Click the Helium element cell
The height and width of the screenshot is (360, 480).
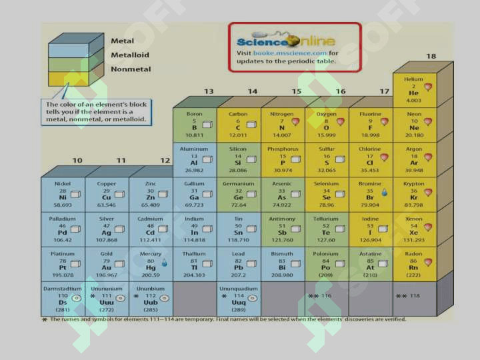(414, 89)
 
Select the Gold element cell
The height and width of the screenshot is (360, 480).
(107, 263)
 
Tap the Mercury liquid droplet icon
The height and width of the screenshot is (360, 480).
(164, 263)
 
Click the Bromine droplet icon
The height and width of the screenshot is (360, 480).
(384, 193)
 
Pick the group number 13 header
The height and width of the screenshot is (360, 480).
(209, 91)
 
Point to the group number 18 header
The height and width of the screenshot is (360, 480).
(431, 57)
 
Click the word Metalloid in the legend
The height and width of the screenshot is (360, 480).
(130, 55)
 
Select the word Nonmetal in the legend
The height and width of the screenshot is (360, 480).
(131, 69)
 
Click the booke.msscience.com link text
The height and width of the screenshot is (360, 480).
(290, 53)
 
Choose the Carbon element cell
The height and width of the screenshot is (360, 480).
(238, 124)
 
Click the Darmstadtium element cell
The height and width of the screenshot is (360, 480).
(63, 299)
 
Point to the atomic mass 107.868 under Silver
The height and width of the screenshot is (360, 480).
(107, 240)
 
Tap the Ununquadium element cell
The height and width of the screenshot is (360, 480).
(238, 299)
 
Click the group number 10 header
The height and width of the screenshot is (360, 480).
(77, 161)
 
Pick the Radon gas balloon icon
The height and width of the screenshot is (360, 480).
(428, 262)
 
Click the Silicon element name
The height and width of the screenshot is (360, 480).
(238, 149)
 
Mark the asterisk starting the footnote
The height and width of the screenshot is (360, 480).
(45, 320)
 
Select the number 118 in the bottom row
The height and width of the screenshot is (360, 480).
(415, 296)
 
